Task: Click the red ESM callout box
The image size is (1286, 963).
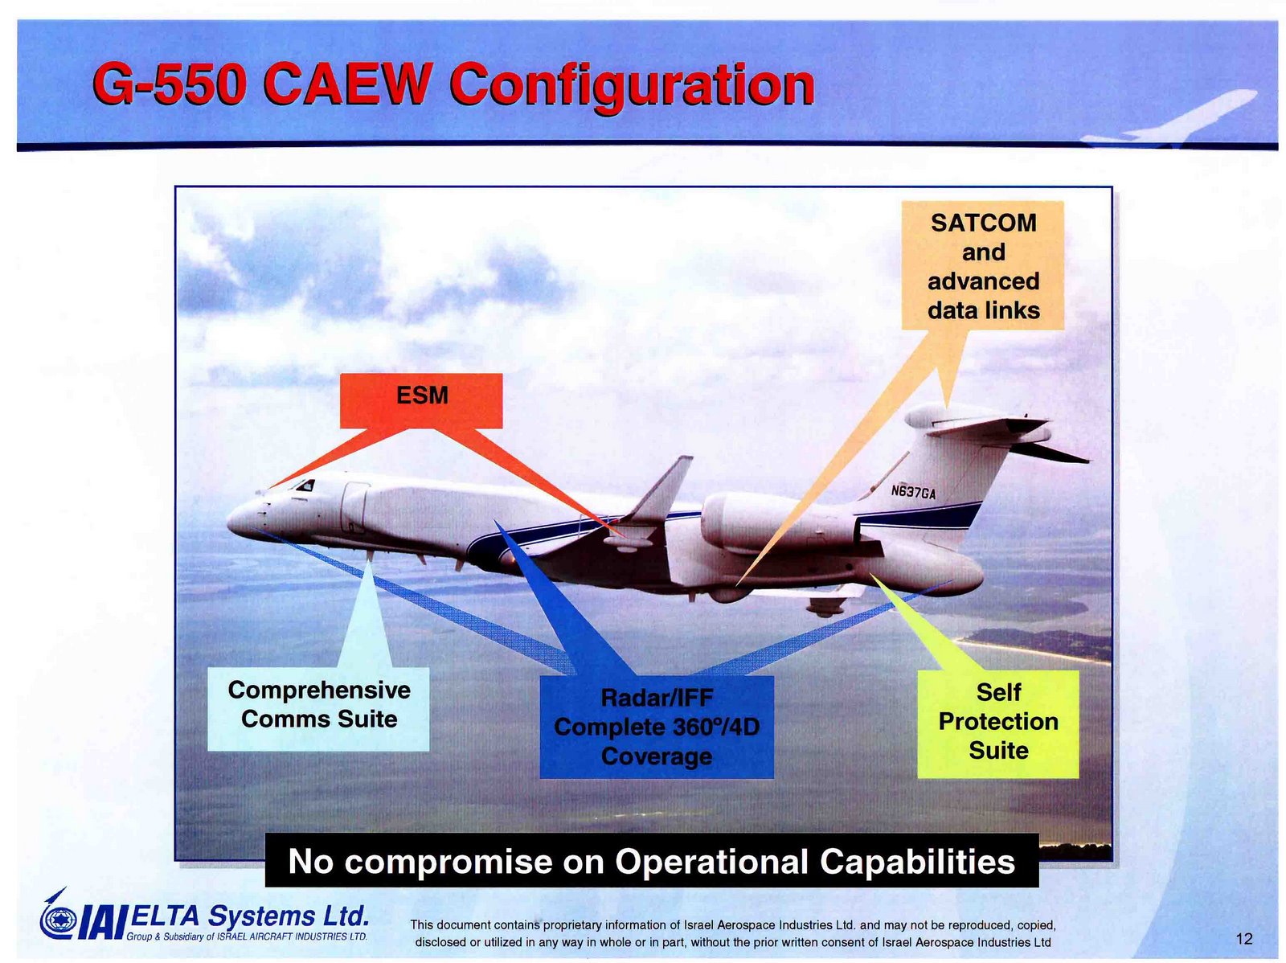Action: [420, 400]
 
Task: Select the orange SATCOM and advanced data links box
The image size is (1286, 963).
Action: [982, 265]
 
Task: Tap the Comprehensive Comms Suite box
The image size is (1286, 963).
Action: [318, 709]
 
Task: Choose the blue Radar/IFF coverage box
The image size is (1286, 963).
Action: [656, 727]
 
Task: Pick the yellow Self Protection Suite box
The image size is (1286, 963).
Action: [997, 724]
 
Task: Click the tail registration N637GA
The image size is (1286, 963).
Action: [913, 492]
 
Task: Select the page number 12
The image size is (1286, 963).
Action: [1244, 939]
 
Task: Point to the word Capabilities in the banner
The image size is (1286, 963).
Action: [917, 862]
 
